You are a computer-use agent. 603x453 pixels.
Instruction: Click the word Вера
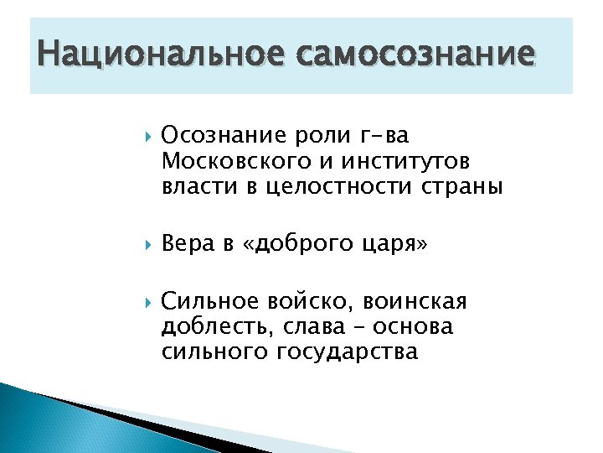pos(188,244)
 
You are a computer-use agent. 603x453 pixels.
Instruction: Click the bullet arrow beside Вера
pos(147,245)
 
